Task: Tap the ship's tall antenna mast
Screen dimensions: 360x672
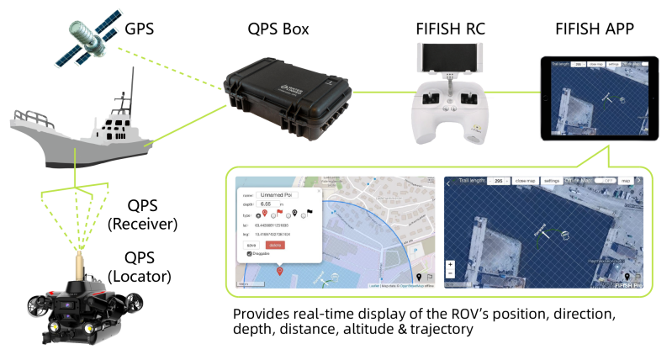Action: click(x=131, y=88)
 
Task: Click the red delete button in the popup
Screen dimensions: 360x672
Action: click(x=275, y=245)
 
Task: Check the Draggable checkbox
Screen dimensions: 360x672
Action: click(x=250, y=253)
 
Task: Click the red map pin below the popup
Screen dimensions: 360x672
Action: click(x=279, y=271)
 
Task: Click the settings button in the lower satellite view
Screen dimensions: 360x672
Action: click(x=552, y=181)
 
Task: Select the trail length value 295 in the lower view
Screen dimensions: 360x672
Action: click(x=499, y=181)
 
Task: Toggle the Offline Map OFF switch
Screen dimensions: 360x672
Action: click(x=603, y=181)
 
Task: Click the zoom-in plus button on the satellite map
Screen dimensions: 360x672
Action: click(x=451, y=265)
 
